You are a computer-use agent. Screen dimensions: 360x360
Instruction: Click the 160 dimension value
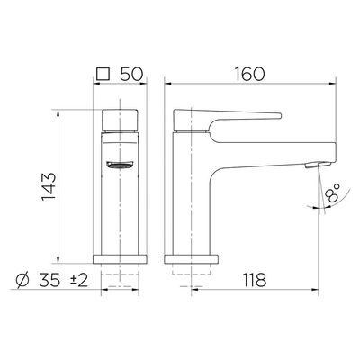tap(249, 74)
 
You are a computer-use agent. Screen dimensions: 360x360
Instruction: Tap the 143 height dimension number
tap(49, 186)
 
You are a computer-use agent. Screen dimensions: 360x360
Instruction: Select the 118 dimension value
tap(255, 280)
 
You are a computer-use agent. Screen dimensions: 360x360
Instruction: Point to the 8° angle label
tap(333, 193)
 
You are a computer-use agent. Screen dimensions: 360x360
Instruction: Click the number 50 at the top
tap(130, 74)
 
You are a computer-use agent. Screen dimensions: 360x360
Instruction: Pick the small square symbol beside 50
tap(103, 74)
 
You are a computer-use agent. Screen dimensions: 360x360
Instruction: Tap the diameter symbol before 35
tap(23, 280)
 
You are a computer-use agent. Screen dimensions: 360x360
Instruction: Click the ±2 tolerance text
tap(78, 281)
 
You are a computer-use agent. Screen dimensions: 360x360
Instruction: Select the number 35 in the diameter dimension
tap(49, 280)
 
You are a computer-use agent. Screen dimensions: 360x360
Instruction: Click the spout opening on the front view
tap(120, 165)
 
